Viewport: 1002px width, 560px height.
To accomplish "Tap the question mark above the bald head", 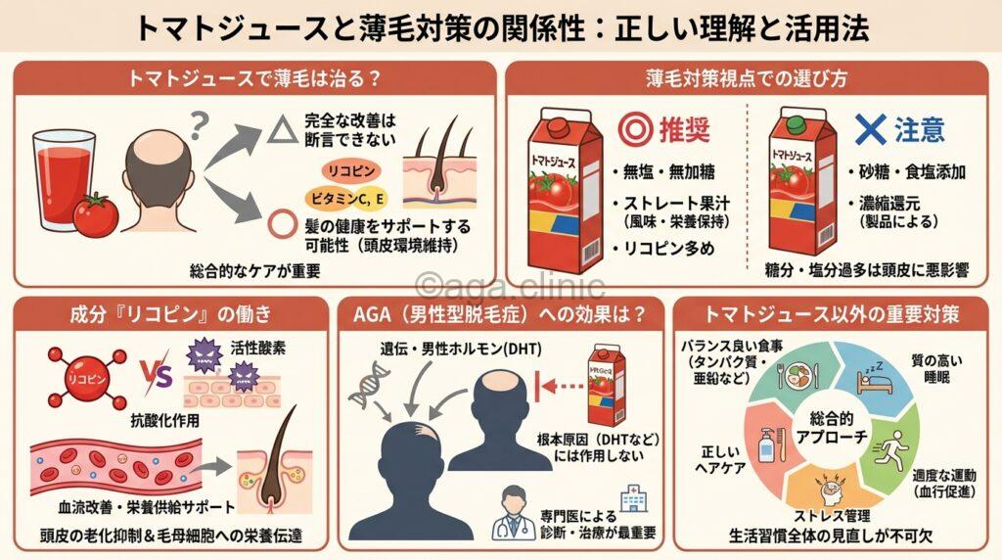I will [x=202, y=124].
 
